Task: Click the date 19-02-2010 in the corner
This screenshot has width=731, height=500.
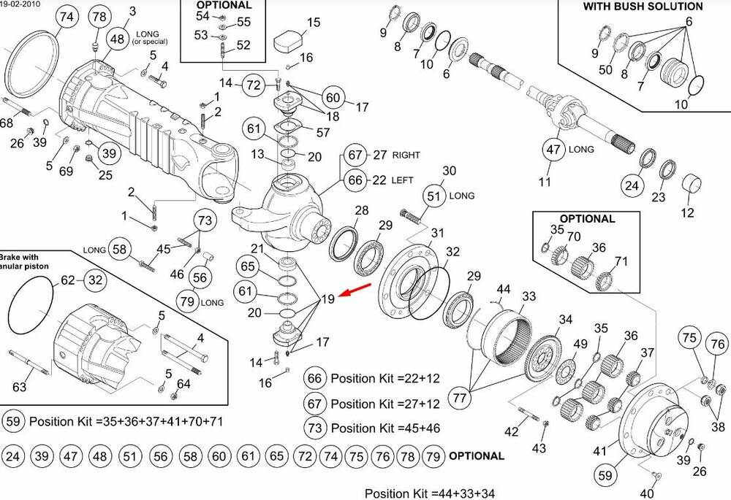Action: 20,4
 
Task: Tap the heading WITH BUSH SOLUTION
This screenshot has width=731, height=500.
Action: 643,7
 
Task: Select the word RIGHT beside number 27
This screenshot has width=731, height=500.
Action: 406,155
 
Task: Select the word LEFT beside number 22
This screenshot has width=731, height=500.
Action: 403,180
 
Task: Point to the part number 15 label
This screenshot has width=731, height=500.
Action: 314,23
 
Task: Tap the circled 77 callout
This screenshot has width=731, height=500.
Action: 460,398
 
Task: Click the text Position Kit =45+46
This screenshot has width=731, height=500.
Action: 385,428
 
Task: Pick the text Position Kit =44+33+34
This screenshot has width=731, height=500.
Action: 430,493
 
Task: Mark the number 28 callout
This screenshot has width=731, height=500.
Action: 362,210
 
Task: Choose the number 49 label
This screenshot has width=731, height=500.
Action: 580,345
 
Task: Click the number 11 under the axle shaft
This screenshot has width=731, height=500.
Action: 545,182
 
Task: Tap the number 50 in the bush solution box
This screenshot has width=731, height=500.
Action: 605,69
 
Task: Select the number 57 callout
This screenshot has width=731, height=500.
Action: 324,132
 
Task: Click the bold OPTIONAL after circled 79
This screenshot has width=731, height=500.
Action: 476,456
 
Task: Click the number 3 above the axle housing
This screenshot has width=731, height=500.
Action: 132,10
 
